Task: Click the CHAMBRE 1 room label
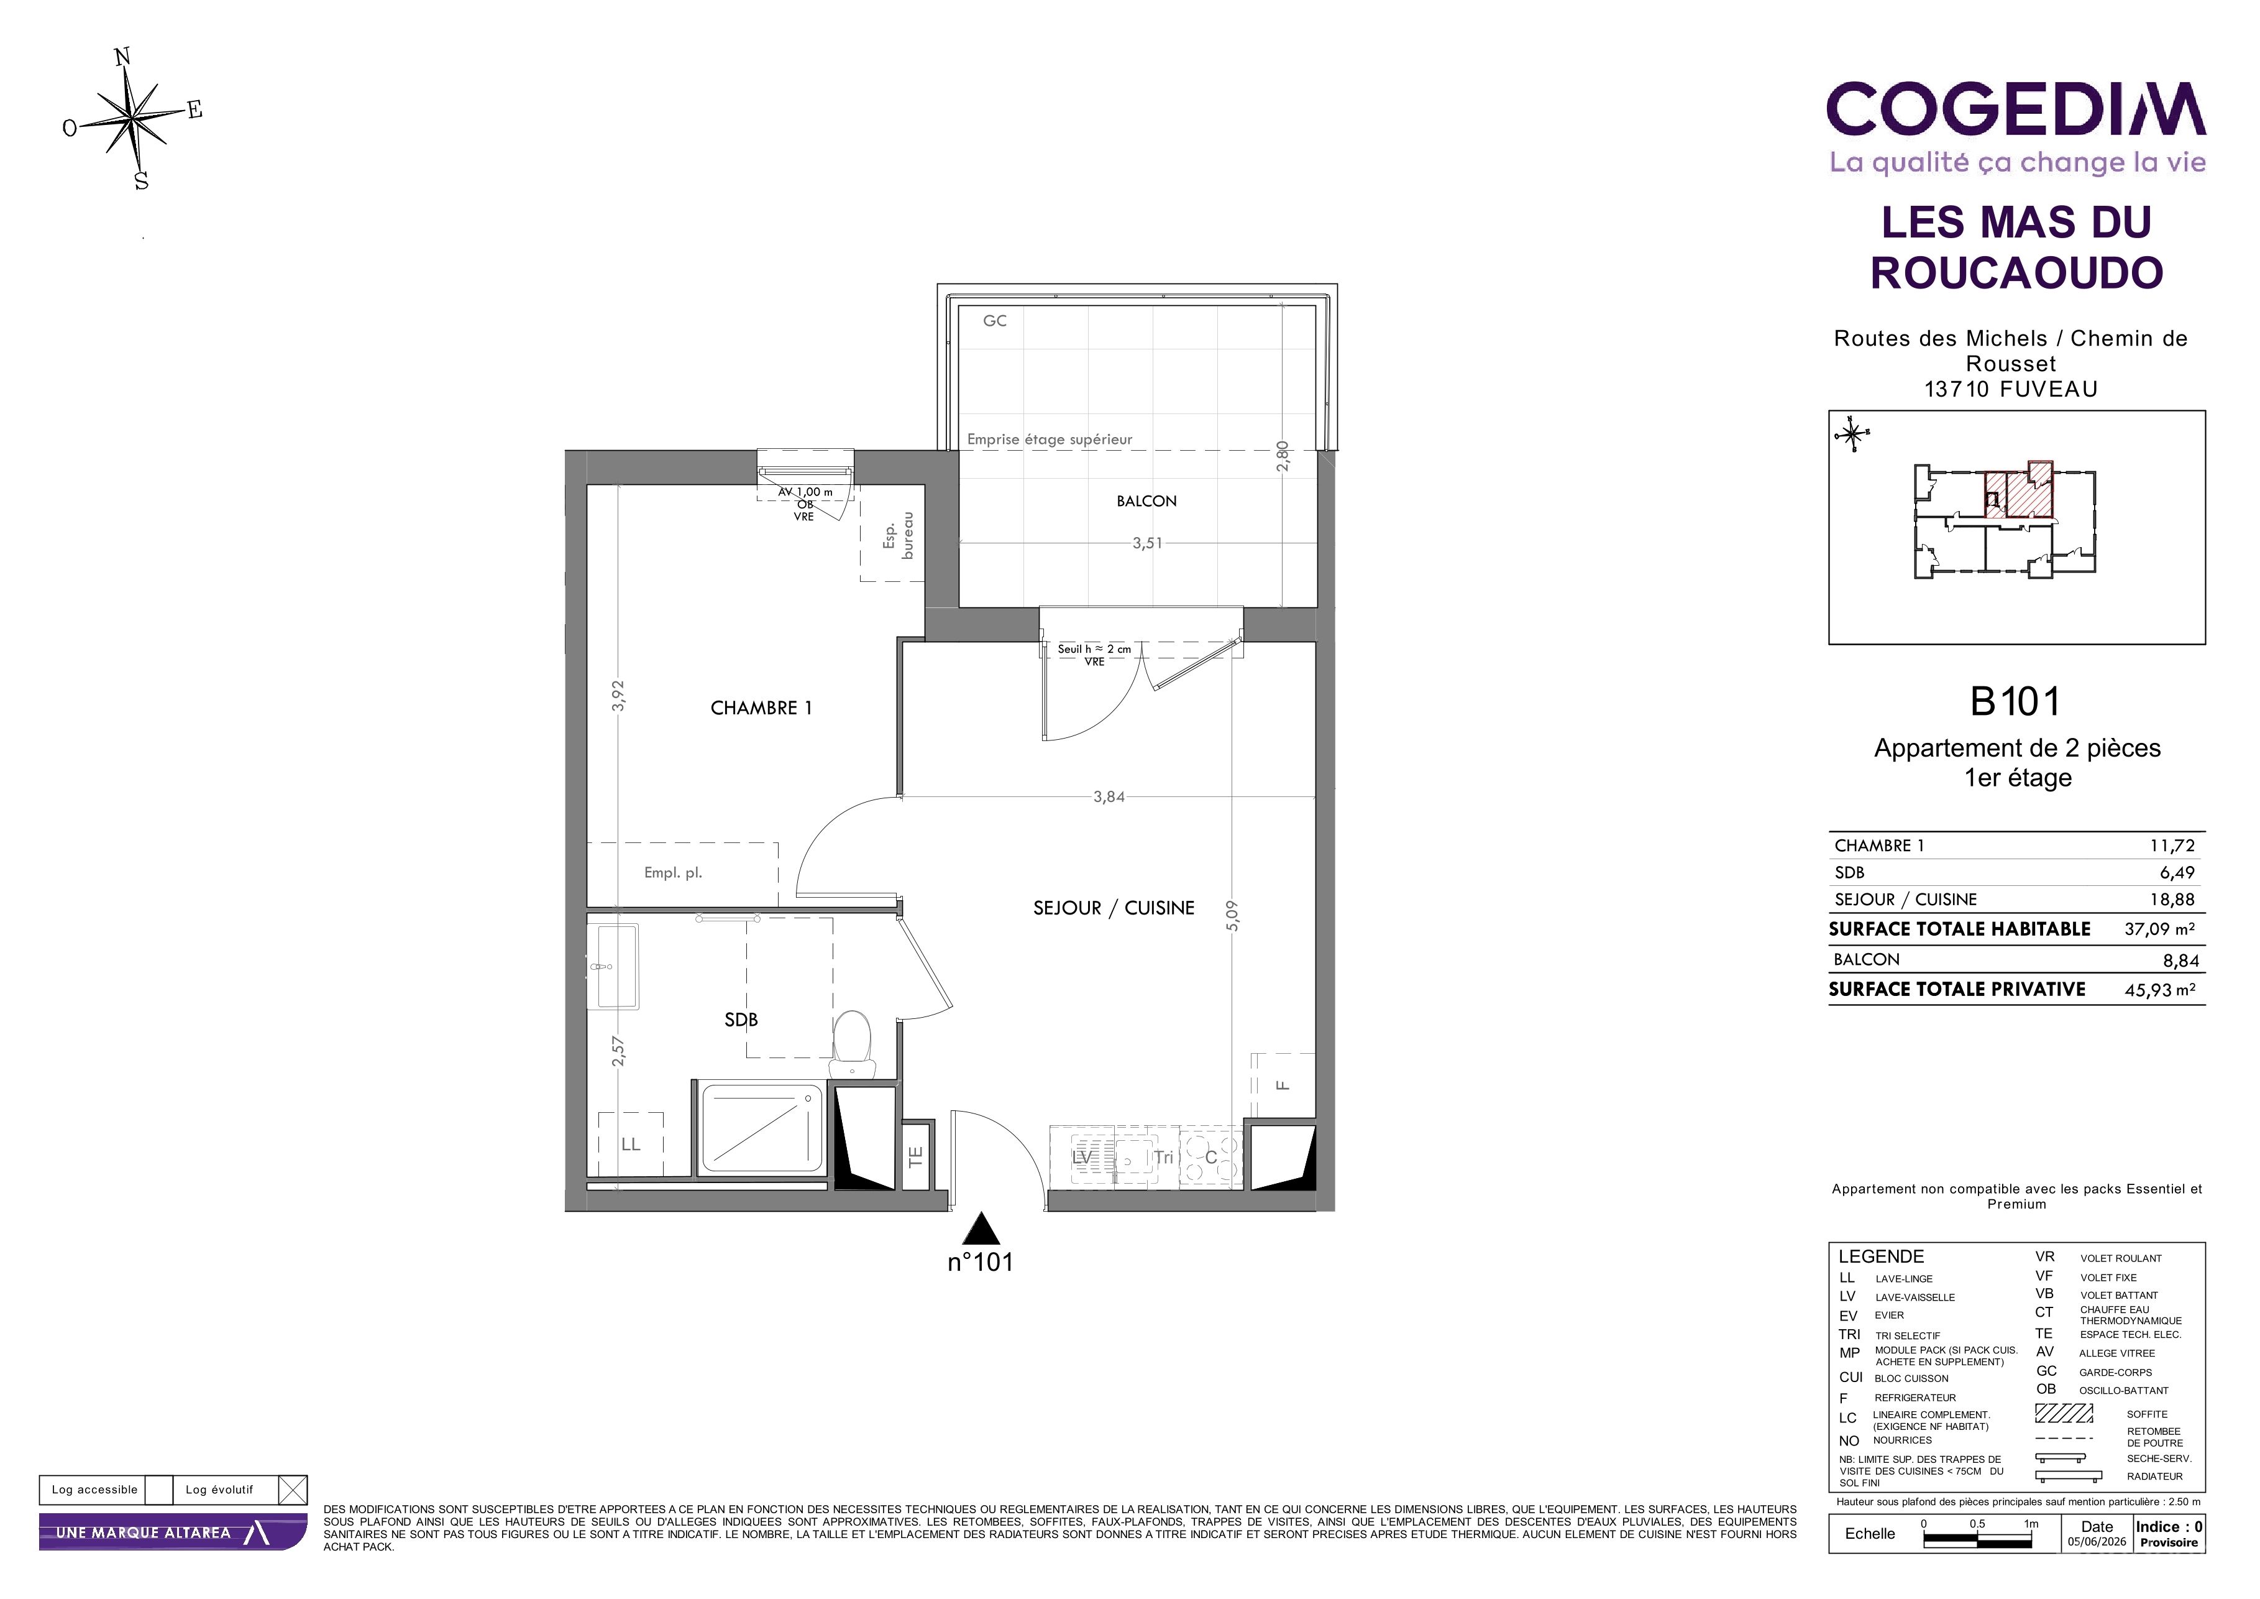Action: pyautogui.click(x=761, y=708)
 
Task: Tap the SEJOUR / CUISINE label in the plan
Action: pyautogui.click(x=1114, y=908)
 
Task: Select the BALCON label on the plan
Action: pyautogui.click(x=1146, y=501)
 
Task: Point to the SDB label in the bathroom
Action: pyautogui.click(x=741, y=1020)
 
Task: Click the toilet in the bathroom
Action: pyautogui.click(x=853, y=1044)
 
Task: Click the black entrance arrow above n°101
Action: pyautogui.click(x=981, y=1229)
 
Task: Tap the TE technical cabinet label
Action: pyautogui.click(x=915, y=1157)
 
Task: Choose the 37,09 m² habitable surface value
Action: pyautogui.click(x=2159, y=928)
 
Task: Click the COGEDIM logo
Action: pyautogui.click(x=2016, y=109)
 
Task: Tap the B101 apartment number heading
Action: pyautogui.click(x=2015, y=702)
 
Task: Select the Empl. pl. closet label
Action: pyautogui.click(x=673, y=872)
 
